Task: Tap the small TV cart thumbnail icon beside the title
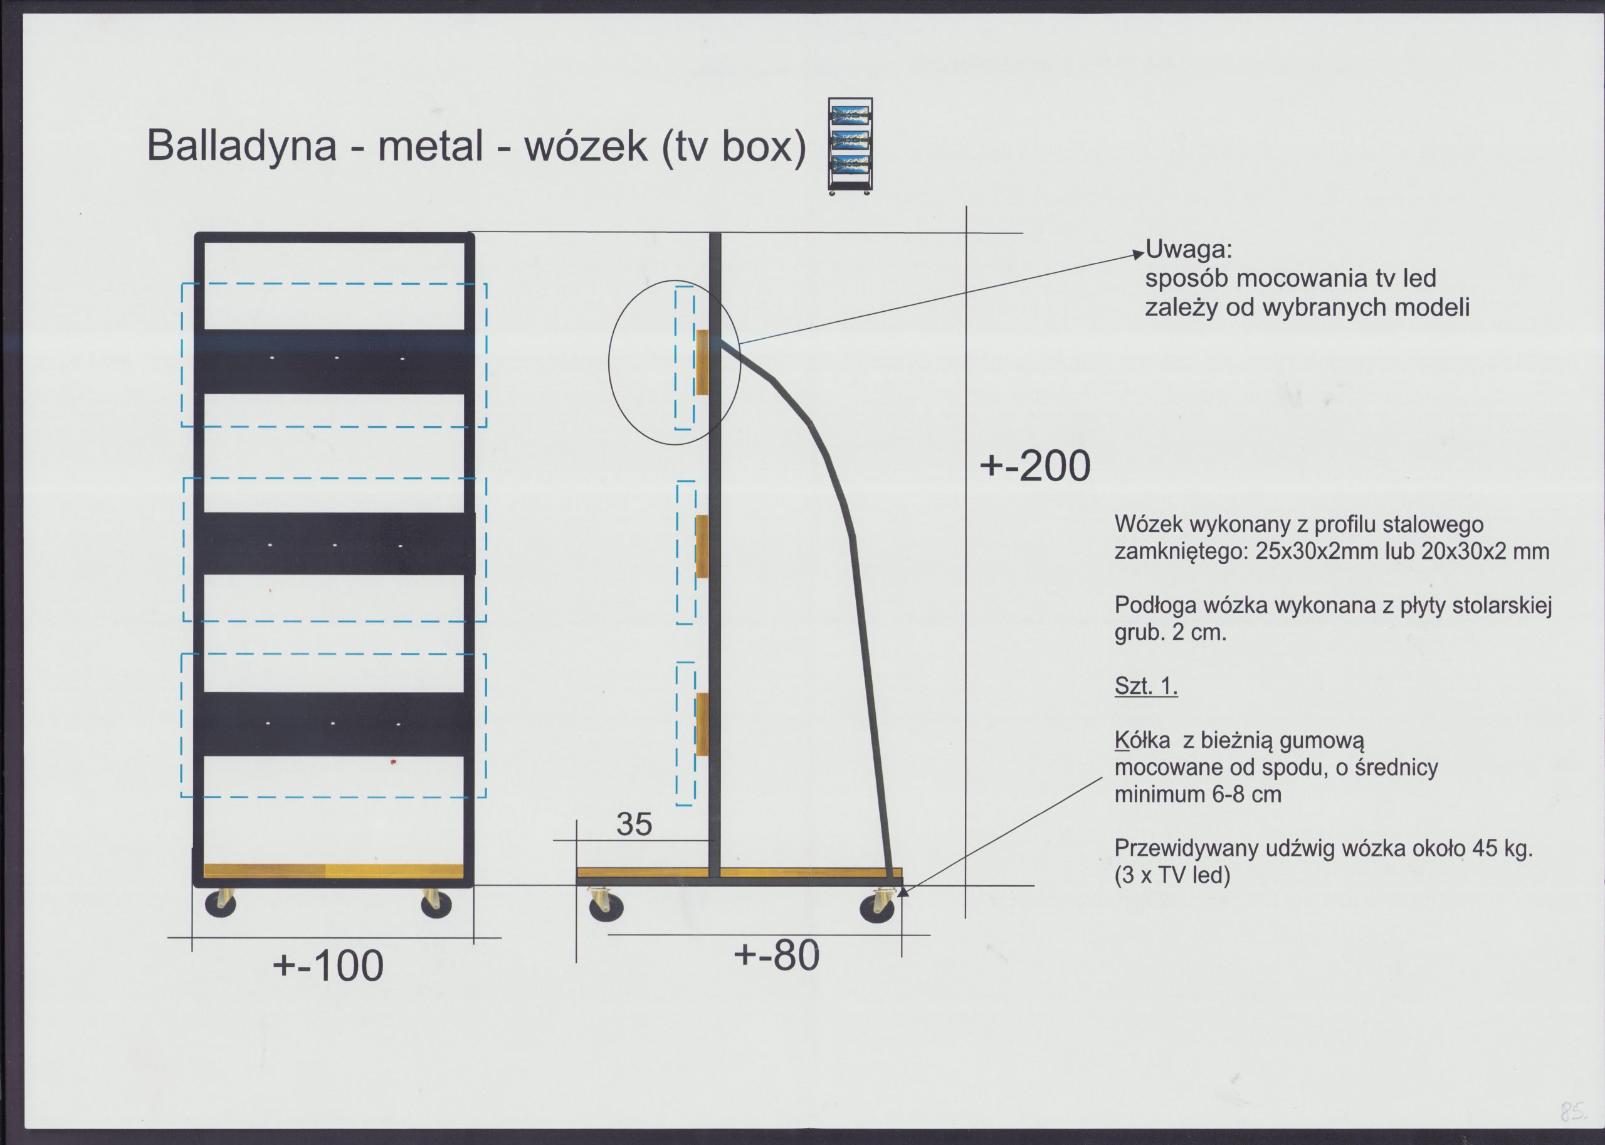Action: click(850, 145)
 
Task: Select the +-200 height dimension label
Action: click(1035, 466)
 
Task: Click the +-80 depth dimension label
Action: click(776, 956)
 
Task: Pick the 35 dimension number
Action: click(634, 824)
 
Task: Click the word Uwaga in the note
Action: click(1189, 249)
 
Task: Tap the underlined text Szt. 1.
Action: click(1145, 685)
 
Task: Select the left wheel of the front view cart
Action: click(221, 905)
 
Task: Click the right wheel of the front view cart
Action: click(436, 905)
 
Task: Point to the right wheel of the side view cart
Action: click(877, 908)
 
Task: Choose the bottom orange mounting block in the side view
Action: click(702, 724)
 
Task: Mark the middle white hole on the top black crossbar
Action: click(336, 359)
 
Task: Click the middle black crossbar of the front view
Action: click(334, 543)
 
